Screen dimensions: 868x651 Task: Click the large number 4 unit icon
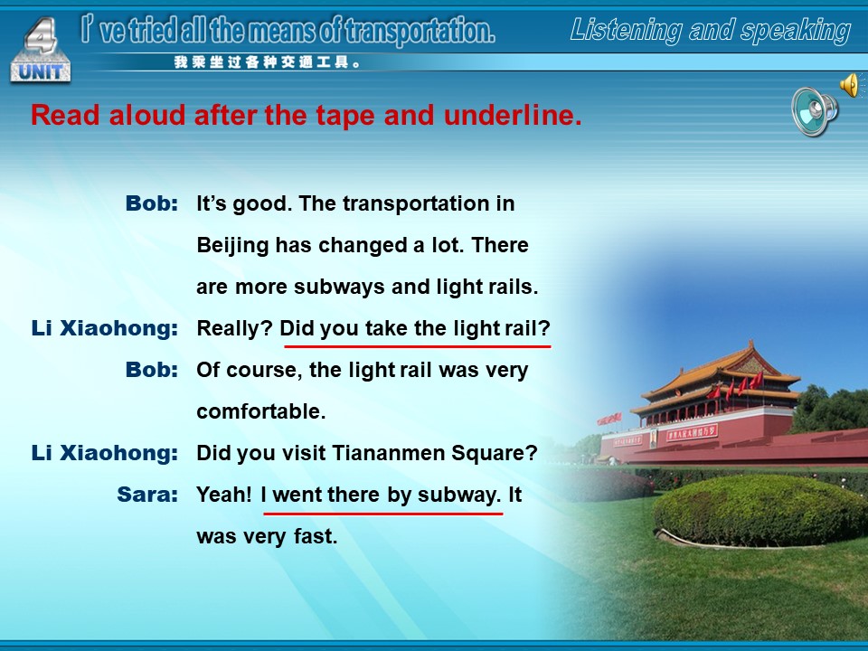[41, 50]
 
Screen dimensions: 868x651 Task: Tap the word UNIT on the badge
[41, 71]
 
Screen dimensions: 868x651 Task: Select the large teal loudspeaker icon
[815, 111]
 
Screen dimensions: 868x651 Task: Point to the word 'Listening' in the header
[626, 31]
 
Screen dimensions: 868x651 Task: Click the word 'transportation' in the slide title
[419, 32]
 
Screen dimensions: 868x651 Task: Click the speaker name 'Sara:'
[147, 495]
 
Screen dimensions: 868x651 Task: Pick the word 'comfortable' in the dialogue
[261, 411]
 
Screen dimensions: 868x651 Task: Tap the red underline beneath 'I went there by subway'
[383, 514]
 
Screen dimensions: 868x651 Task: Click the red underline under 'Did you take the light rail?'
[418, 346]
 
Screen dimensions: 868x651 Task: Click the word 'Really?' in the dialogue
[235, 328]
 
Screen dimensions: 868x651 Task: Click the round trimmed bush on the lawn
[759, 510]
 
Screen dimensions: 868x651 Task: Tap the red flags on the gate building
[735, 386]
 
